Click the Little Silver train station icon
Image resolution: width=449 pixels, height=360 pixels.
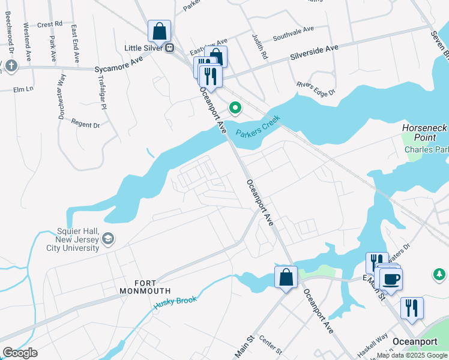tap(170, 48)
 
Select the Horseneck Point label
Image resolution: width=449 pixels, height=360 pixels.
tap(424, 133)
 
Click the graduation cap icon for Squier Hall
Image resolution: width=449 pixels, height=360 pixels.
tap(108, 239)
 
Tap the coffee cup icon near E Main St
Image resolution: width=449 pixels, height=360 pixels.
tap(391, 279)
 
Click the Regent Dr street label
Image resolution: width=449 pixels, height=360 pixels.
tap(85, 124)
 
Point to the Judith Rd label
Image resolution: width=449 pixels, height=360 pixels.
tap(262, 45)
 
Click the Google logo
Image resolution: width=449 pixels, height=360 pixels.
tap(20, 353)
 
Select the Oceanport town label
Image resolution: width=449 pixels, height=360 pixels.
tap(414, 341)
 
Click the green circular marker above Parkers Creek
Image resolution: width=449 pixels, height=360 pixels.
tap(235, 108)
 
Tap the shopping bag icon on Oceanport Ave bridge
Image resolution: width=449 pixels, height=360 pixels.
tap(286, 277)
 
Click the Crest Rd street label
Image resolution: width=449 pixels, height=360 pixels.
tap(50, 25)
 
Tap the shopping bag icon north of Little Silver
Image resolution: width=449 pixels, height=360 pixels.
tap(160, 30)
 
